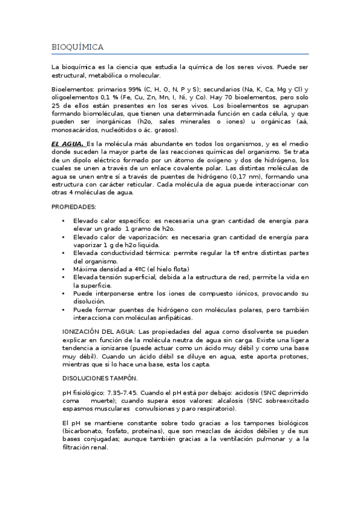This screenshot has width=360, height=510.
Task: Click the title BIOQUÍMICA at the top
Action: point(78,46)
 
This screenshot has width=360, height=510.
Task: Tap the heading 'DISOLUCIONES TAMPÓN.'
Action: point(100,378)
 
